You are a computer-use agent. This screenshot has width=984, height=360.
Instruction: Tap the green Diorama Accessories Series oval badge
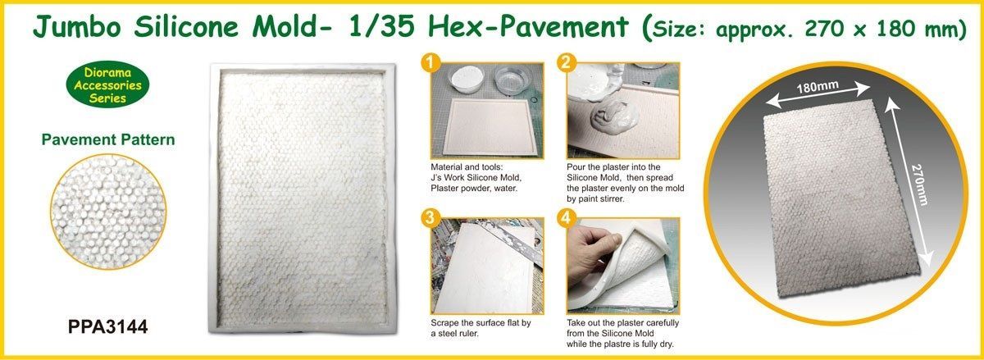[x=108, y=85]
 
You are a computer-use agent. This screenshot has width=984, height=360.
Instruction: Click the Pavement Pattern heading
[x=108, y=140]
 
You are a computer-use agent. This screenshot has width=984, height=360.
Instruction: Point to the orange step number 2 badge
[x=565, y=63]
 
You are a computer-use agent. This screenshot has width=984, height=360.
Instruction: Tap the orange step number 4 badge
[x=565, y=219]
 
